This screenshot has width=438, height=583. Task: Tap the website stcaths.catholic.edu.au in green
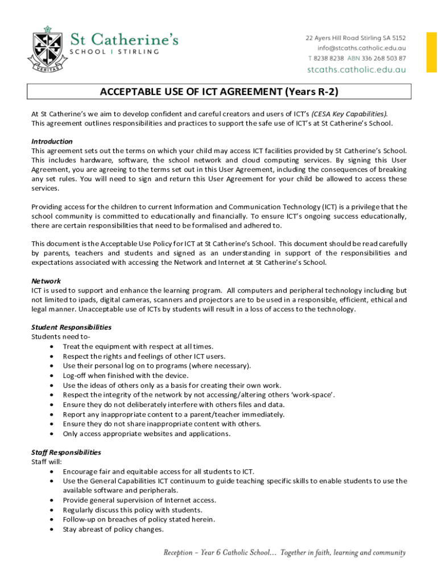357,69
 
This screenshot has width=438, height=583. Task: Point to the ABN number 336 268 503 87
386,58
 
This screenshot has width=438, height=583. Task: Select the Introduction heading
52,141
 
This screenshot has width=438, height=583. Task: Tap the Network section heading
46,281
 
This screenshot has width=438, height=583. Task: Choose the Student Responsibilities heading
71,327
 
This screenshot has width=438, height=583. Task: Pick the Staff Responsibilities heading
66,453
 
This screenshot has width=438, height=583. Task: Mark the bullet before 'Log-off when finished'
52,376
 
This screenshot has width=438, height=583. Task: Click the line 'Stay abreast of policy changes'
113,529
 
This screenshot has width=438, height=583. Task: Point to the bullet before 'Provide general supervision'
52,500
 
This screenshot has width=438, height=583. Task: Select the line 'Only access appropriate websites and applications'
147,434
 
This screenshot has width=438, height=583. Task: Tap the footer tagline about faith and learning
284,552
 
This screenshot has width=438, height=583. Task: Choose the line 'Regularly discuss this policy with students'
132,510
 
